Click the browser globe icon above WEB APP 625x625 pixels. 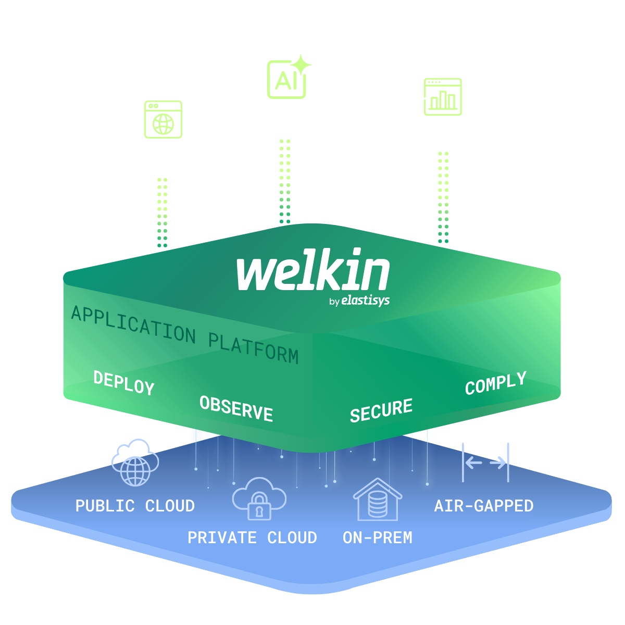coord(163,120)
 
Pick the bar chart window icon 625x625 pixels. coord(443,97)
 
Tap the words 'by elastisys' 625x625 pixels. coord(359,301)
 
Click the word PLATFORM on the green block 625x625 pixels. coord(254,347)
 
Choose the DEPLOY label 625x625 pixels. coord(124,383)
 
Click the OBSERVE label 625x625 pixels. coord(236,408)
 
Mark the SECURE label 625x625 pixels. coord(381,410)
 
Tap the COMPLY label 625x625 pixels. coord(495,384)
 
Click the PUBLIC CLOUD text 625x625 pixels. coord(135,506)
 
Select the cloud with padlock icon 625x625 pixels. coord(259,499)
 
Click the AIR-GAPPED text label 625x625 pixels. coord(484,506)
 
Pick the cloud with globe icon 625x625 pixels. coord(135,462)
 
